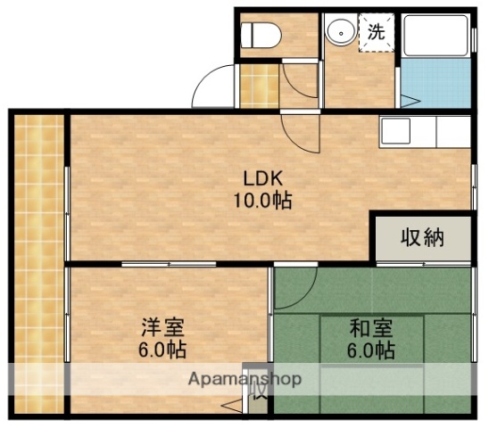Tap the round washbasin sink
click(x=339, y=33)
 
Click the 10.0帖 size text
click(x=262, y=199)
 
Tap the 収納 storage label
click(x=421, y=238)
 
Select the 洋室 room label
click(x=162, y=327)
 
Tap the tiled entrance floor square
click(x=253, y=86)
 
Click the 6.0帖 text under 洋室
click(x=162, y=350)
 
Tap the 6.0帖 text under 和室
click(x=370, y=350)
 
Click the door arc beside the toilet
click(x=301, y=81)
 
